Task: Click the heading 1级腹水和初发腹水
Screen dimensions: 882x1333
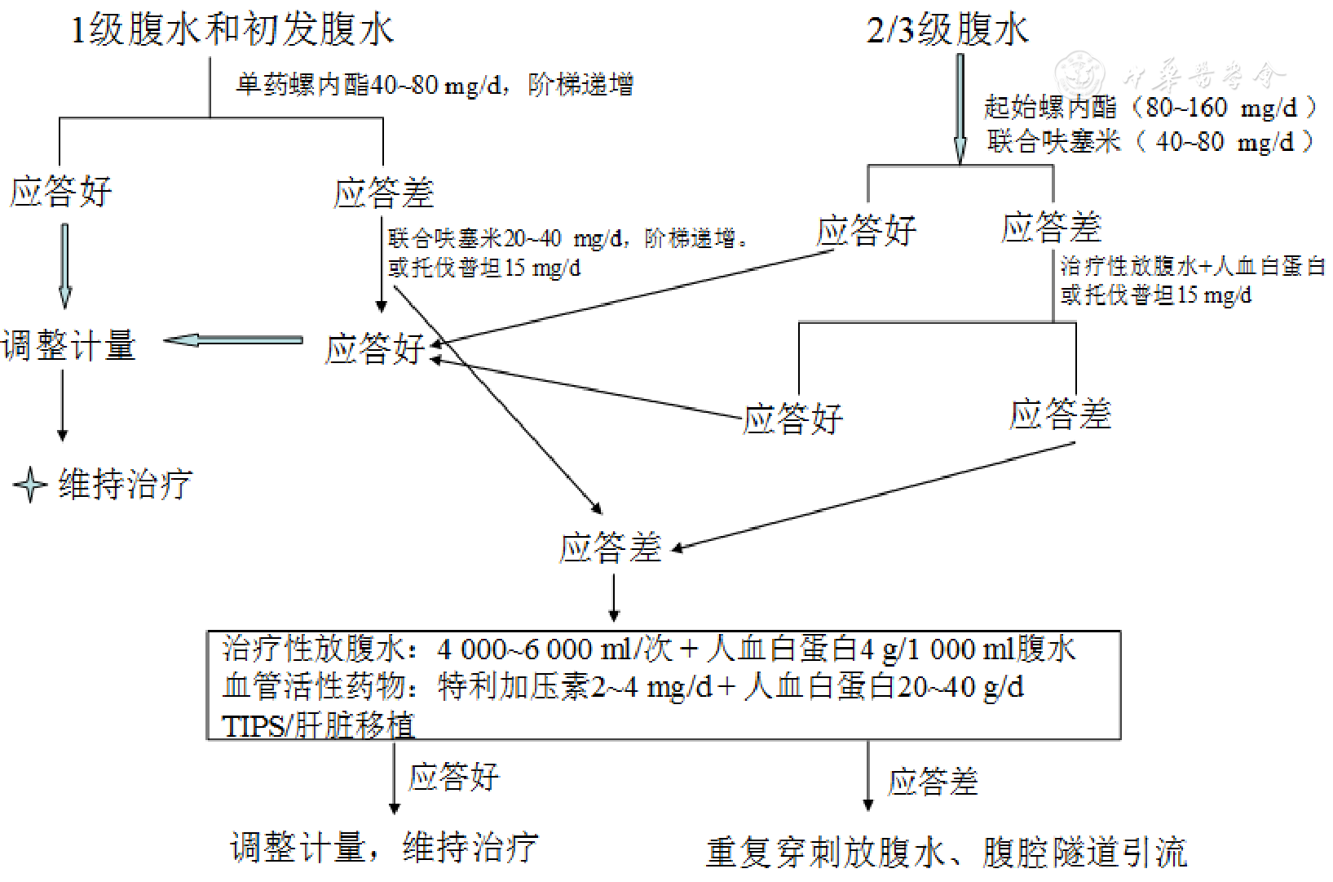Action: [x=232, y=30]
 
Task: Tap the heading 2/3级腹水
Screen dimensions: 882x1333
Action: [x=947, y=30]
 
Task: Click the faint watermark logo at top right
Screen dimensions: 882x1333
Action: [x=1080, y=73]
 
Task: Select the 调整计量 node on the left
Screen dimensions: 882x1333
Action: [x=68, y=345]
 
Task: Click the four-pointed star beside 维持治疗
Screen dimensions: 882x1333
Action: [x=30, y=485]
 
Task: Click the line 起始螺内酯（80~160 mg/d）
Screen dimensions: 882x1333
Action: [x=1150, y=107]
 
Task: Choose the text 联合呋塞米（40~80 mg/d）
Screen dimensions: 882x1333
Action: [x=1150, y=142]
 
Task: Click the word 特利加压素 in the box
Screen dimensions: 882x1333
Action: [x=513, y=687]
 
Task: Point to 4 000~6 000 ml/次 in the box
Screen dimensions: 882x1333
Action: [x=554, y=649]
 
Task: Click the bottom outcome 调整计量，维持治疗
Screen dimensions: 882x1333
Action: [x=384, y=848]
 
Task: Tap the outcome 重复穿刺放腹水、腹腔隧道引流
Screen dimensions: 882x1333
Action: [x=946, y=852]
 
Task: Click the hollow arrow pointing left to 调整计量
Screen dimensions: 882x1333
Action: [x=233, y=340]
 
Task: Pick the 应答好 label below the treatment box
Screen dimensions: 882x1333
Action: [x=453, y=777]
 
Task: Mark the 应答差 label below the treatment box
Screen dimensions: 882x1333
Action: [x=933, y=782]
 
